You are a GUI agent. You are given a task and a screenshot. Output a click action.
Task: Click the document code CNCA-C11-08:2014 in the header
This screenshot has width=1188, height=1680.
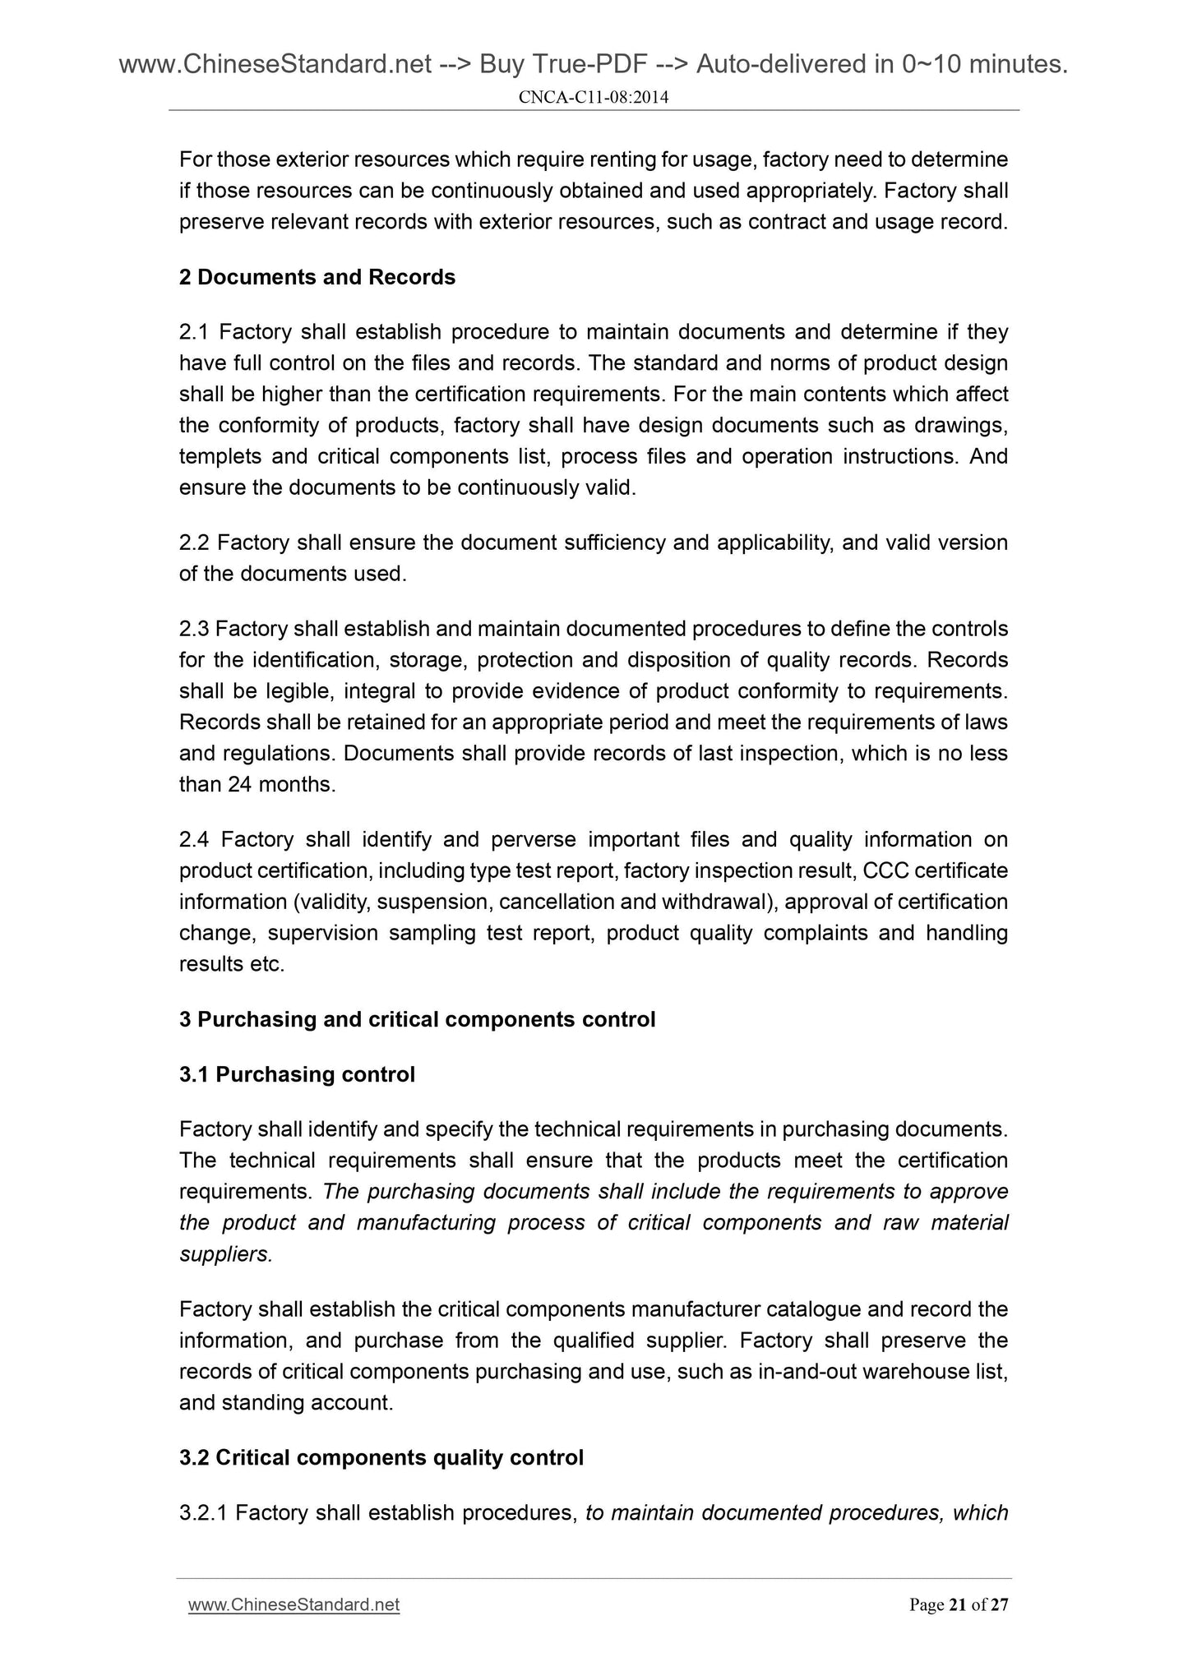click(593, 98)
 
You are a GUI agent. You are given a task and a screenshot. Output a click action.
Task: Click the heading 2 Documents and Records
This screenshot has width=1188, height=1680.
click(317, 277)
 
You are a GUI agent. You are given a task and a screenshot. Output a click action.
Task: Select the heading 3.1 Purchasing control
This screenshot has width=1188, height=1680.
click(297, 1074)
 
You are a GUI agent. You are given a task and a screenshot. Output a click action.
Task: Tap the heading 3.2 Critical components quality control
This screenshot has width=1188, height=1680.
click(381, 1457)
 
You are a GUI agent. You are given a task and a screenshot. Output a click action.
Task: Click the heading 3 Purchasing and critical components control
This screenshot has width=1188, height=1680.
click(417, 1019)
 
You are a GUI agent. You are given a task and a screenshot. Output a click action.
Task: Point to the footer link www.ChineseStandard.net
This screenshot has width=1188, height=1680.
click(294, 1604)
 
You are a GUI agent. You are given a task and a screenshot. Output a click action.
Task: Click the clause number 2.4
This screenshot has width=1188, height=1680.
click(194, 839)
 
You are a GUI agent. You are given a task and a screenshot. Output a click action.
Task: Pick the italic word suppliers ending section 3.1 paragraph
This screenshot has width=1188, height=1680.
click(224, 1254)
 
